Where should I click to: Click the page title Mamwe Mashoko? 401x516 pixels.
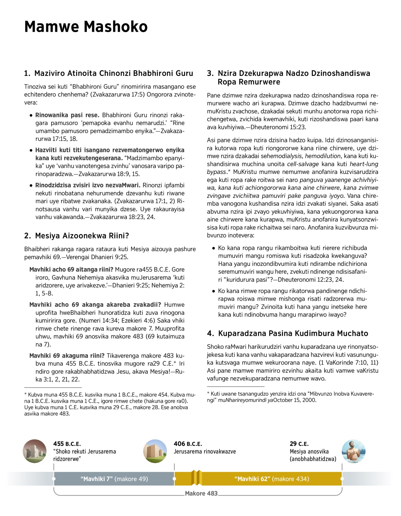[x=86, y=27]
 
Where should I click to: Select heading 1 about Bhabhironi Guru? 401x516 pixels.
[x=109, y=73]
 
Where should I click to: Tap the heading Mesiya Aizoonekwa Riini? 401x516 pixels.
[x=77, y=236]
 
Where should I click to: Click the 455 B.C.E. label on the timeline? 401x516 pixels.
[x=67, y=444]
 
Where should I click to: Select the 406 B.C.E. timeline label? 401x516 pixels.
[x=188, y=444]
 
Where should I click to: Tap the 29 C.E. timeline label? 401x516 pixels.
[x=299, y=444]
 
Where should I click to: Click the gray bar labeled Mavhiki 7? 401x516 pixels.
[x=114, y=479]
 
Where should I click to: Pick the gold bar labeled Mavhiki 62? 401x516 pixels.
[x=272, y=479]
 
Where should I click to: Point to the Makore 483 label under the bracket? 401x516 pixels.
[x=201, y=493]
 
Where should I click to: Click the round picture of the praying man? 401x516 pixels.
[x=354, y=451]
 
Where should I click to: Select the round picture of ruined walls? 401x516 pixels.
[x=35, y=451]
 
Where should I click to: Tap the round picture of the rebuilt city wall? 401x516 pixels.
[x=155, y=451]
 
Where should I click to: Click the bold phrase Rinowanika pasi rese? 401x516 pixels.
[x=67, y=115]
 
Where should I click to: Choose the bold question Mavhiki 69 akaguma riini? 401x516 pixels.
[x=67, y=355]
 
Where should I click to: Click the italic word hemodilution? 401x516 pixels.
[x=323, y=156]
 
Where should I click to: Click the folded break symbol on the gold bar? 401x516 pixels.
[x=196, y=478]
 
